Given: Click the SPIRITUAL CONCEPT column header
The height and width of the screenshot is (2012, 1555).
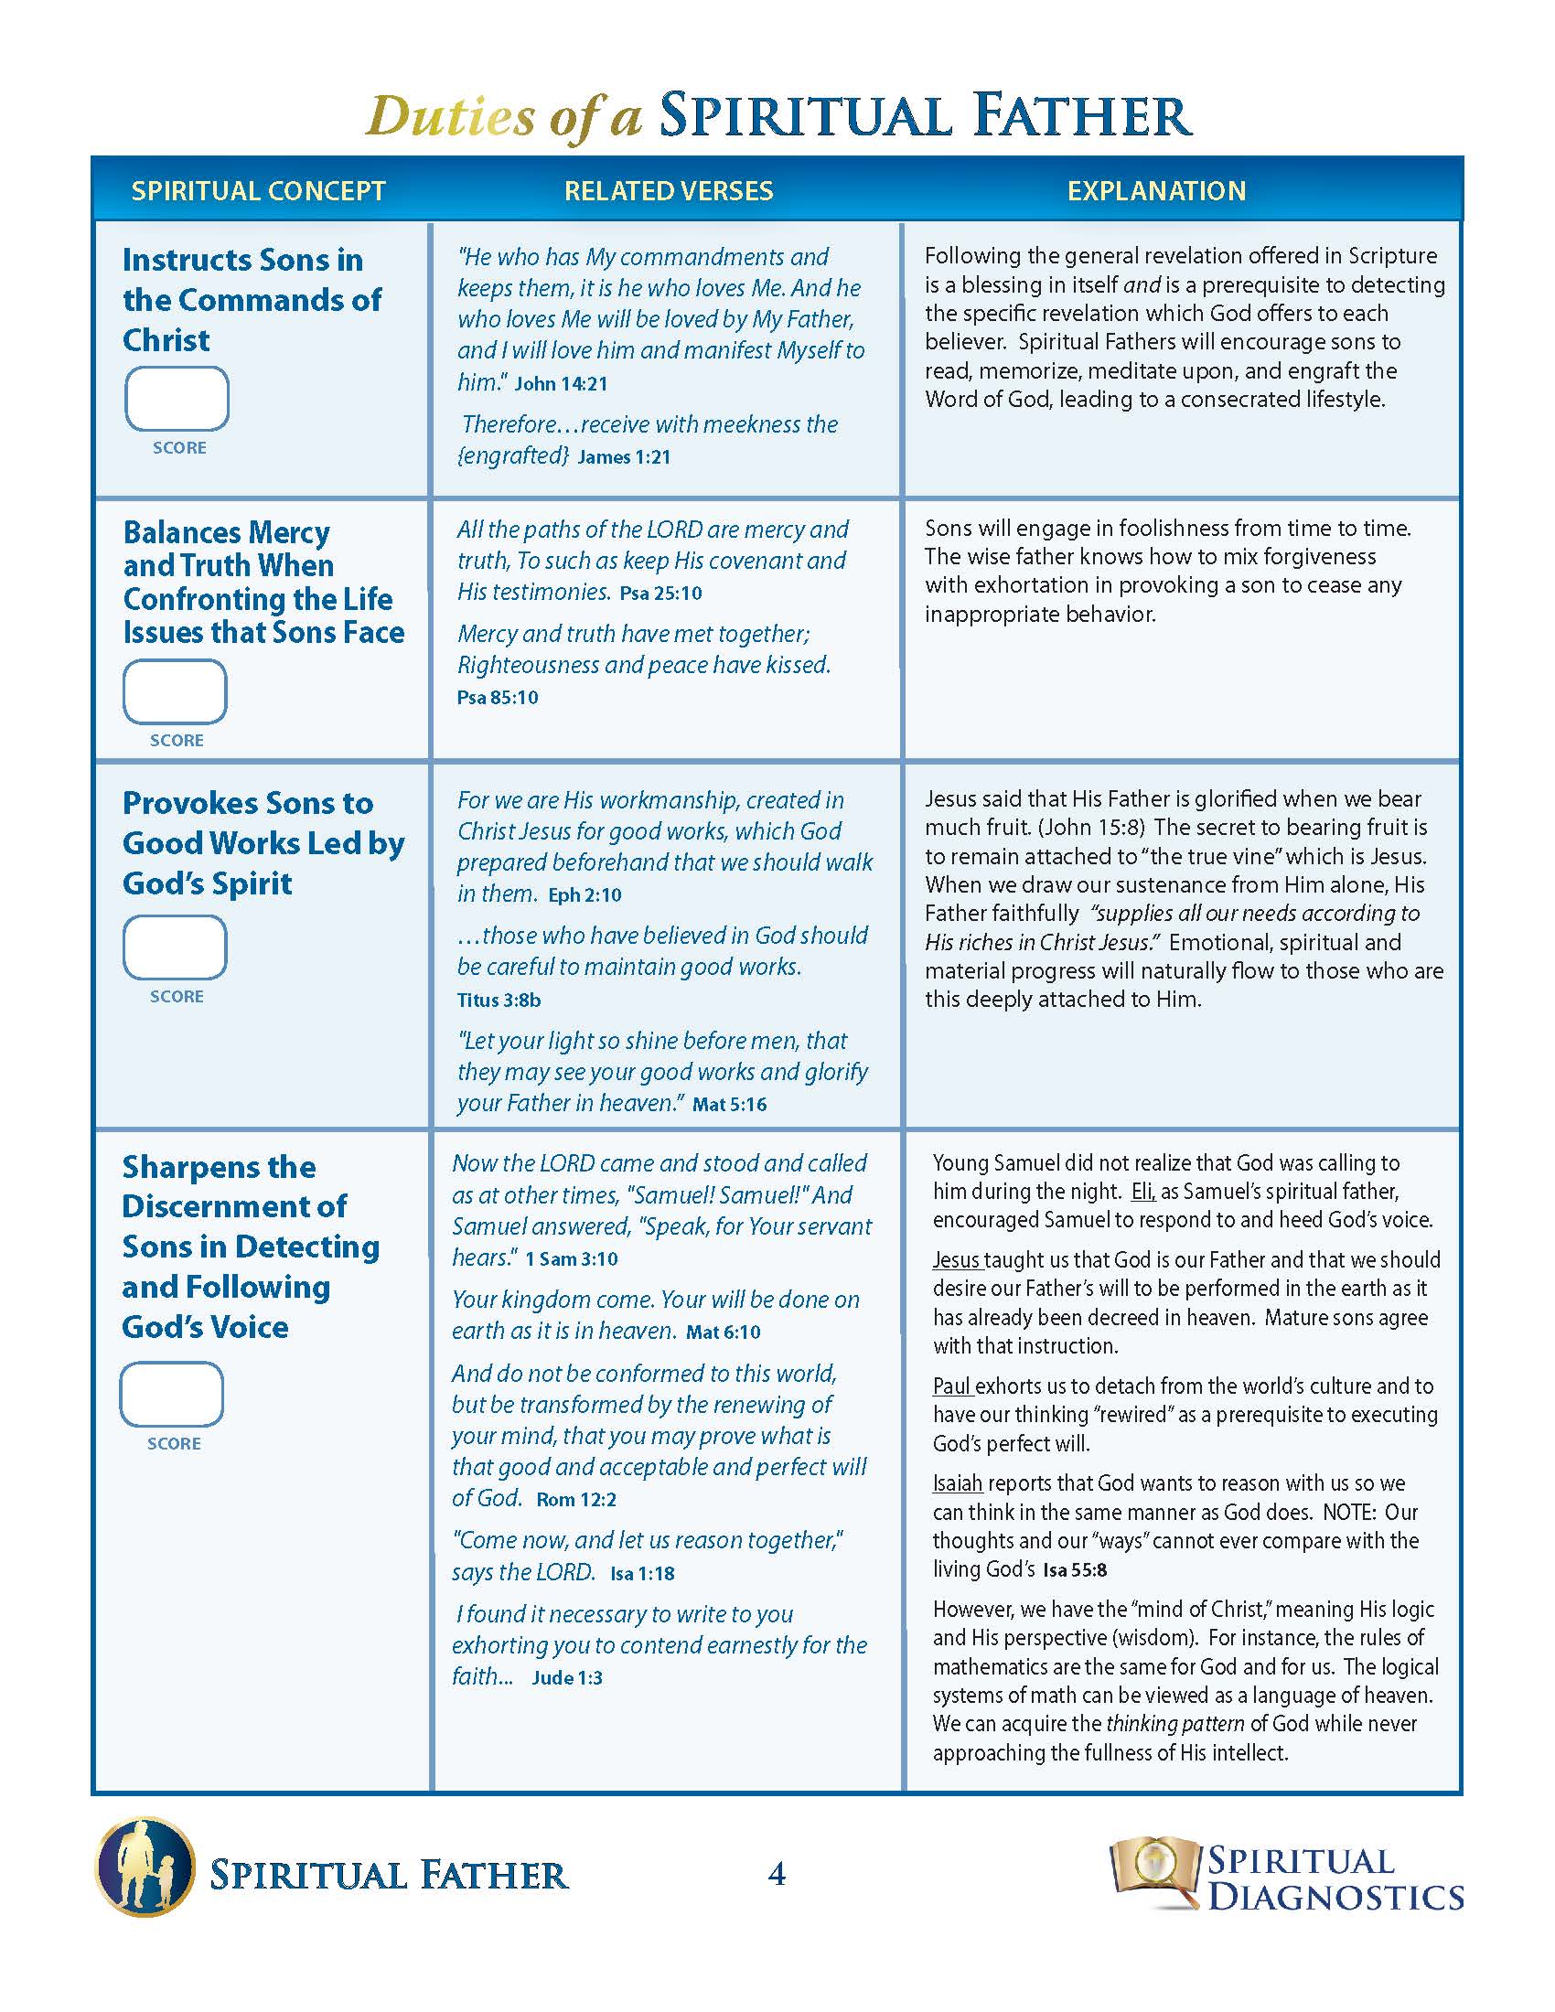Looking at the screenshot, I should point(258,191).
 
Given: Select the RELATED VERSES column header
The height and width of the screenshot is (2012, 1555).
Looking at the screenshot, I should point(668,191).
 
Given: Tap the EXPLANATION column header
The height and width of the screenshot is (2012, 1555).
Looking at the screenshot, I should point(1156,191).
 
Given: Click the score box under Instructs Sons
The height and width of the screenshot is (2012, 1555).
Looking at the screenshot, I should point(177,399).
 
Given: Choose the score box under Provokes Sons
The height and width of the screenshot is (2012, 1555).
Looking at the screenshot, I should point(175,947).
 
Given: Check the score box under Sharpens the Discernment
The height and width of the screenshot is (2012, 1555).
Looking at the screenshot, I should point(172,1394).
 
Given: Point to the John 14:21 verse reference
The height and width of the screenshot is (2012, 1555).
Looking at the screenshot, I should point(561,384).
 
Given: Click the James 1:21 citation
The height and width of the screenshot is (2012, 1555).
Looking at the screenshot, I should point(624,457).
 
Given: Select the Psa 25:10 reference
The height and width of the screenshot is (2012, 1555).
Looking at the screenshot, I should point(660,594).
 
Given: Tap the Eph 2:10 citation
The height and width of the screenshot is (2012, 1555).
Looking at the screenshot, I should point(585,895).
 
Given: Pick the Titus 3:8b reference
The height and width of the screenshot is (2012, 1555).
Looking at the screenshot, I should point(499,1000).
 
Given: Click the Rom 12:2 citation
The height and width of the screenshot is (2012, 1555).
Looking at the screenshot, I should point(575,1499).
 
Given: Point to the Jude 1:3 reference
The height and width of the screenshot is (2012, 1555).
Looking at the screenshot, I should point(566,1677).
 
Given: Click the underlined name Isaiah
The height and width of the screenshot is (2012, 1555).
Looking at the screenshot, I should point(957,1483).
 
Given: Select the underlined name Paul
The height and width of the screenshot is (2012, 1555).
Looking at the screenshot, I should point(952,1386).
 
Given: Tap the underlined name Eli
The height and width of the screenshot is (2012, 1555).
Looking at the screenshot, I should point(1142,1191).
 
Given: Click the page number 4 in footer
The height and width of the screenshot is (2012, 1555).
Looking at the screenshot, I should point(777,1874).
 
